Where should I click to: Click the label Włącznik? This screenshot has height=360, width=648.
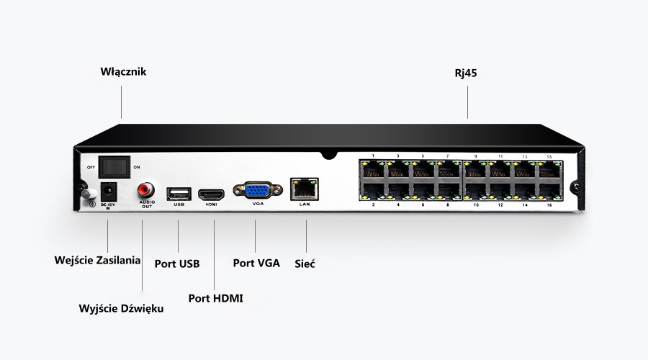click(x=122, y=72)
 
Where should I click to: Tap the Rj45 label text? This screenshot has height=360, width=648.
click(x=467, y=72)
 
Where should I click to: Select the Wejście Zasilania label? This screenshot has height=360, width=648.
click(x=97, y=259)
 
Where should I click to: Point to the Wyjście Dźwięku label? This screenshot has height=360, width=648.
click(x=121, y=308)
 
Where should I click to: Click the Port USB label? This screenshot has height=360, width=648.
click(x=177, y=263)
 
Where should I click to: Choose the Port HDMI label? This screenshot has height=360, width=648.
click(x=215, y=297)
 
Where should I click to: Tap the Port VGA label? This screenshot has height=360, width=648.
click(x=256, y=263)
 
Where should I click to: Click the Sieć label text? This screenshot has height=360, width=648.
click(x=305, y=263)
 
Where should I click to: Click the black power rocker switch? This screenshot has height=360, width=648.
click(x=113, y=166)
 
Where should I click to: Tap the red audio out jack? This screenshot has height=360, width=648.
click(x=145, y=190)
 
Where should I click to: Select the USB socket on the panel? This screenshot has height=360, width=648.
click(x=179, y=193)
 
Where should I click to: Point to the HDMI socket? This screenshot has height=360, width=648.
click(x=212, y=194)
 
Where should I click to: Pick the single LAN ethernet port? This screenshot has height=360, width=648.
click(x=303, y=189)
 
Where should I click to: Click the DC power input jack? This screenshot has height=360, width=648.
click(x=107, y=192)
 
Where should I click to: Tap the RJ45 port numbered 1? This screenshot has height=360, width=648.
click(x=374, y=170)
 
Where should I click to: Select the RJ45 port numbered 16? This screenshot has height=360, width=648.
click(x=549, y=192)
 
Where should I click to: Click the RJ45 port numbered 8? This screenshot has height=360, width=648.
click(x=449, y=192)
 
